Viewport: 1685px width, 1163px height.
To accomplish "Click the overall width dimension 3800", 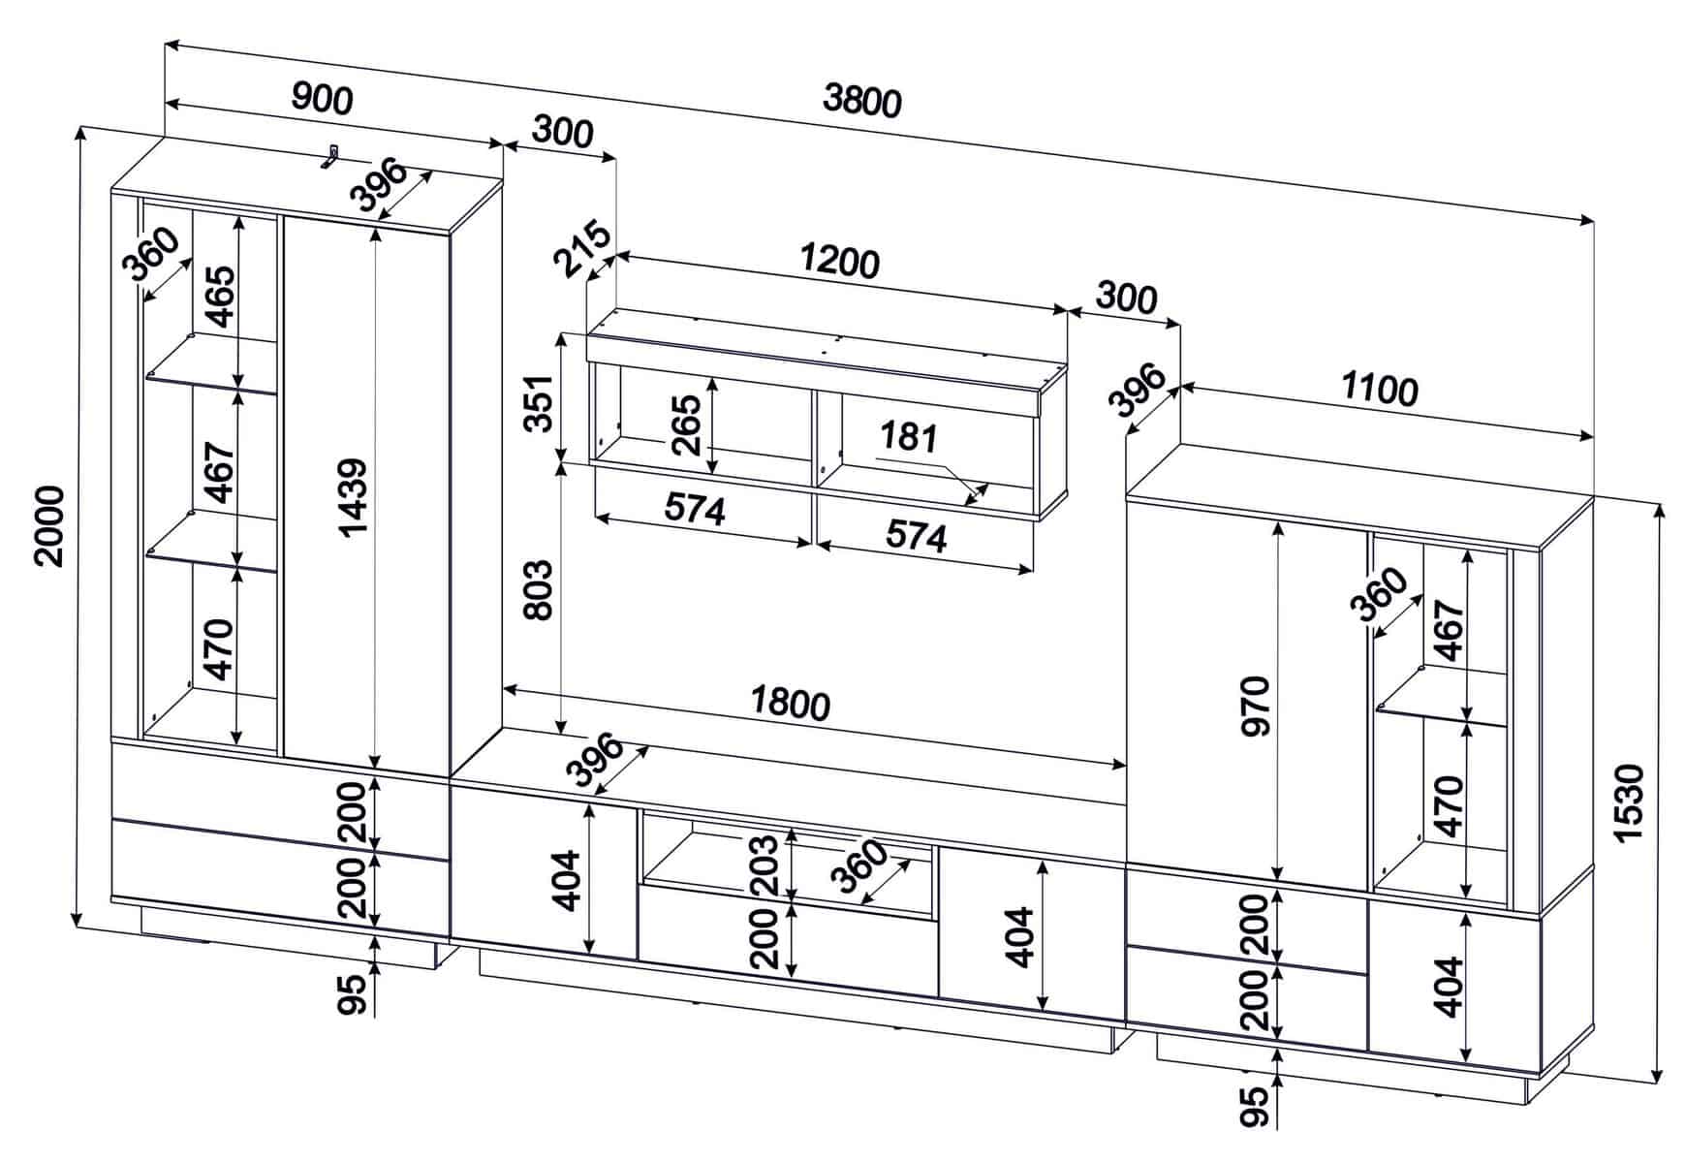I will [x=861, y=100].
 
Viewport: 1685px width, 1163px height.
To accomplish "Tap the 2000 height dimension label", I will [x=48, y=526].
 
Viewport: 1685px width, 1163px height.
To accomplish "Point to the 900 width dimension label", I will [x=323, y=99].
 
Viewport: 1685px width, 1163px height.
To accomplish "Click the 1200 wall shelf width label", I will [x=840, y=261].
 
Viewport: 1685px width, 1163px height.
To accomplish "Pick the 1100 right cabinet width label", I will [x=1380, y=390].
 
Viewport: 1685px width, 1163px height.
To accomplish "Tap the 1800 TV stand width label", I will [x=792, y=705].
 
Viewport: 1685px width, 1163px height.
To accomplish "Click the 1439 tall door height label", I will [x=355, y=496].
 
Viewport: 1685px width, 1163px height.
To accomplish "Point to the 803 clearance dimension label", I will [x=538, y=590].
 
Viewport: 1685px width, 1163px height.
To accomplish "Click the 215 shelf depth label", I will [x=582, y=249].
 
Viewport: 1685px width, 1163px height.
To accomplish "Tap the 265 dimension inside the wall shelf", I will [x=686, y=424].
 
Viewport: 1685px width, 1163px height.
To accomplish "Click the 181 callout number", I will [x=908, y=437].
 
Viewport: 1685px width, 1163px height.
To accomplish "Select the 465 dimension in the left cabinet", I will [x=219, y=297].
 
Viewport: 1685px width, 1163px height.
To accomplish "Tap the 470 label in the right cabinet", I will [x=1448, y=805].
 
